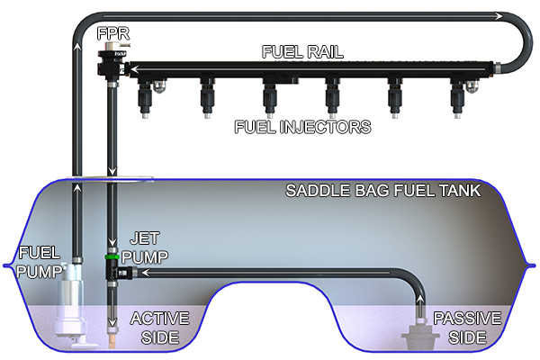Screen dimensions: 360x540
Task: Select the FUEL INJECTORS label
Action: point(301,127)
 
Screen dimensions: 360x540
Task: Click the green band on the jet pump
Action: point(112,256)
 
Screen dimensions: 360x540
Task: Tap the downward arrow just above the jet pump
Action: point(112,242)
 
